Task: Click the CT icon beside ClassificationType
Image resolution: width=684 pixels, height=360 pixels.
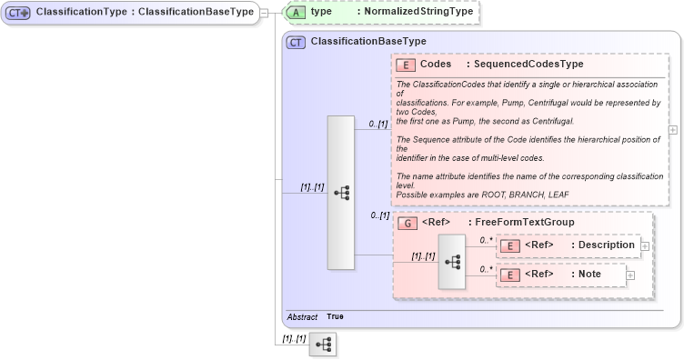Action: coord(18,13)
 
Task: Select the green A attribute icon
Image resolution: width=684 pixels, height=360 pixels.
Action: coord(297,12)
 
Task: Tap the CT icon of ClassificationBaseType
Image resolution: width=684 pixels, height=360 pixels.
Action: coord(296,42)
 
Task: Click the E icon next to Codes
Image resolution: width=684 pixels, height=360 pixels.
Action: coord(405,65)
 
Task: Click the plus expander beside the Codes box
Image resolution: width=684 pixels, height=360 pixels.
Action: coord(673,130)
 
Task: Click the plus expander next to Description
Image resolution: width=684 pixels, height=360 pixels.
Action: coord(644,245)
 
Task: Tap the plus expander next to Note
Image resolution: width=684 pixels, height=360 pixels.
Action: coord(629,275)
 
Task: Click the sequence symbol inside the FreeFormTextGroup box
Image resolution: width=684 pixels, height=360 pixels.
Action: coord(452,261)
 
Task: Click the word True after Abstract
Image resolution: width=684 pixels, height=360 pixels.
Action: coord(335,317)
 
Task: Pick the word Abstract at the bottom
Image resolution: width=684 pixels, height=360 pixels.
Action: coord(302,317)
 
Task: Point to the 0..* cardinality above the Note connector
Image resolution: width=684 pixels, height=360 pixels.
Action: coord(485,269)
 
